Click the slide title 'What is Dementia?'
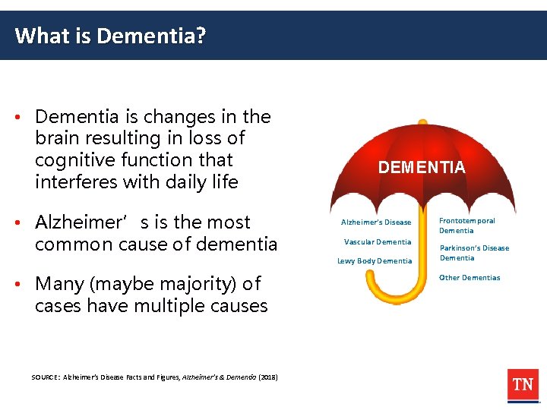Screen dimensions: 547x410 (x=110, y=36)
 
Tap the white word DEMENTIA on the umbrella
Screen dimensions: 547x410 (x=422, y=168)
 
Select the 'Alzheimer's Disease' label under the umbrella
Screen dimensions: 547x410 (x=376, y=222)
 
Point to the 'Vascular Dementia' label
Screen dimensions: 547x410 (x=378, y=242)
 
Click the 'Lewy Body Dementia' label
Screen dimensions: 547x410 (x=375, y=261)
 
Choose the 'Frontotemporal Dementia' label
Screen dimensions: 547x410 (x=466, y=225)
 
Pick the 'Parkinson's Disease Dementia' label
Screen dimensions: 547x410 (x=473, y=253)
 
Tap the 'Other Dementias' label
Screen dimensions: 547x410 (x=470, y=278)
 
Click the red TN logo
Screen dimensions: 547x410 (x=523, y=385)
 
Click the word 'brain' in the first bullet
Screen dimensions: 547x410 (x=58, y=138)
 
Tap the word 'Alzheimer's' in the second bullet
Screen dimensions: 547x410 (x=77, y=222)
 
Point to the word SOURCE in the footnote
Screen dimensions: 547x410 (x=44, y=377)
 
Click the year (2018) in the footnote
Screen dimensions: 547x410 (x=268, y=377)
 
